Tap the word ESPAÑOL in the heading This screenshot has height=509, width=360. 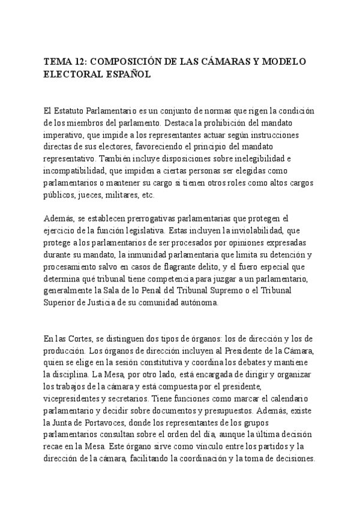click(x=127, y=75)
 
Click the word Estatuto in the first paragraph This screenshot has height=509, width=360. click(x=76, y=112)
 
